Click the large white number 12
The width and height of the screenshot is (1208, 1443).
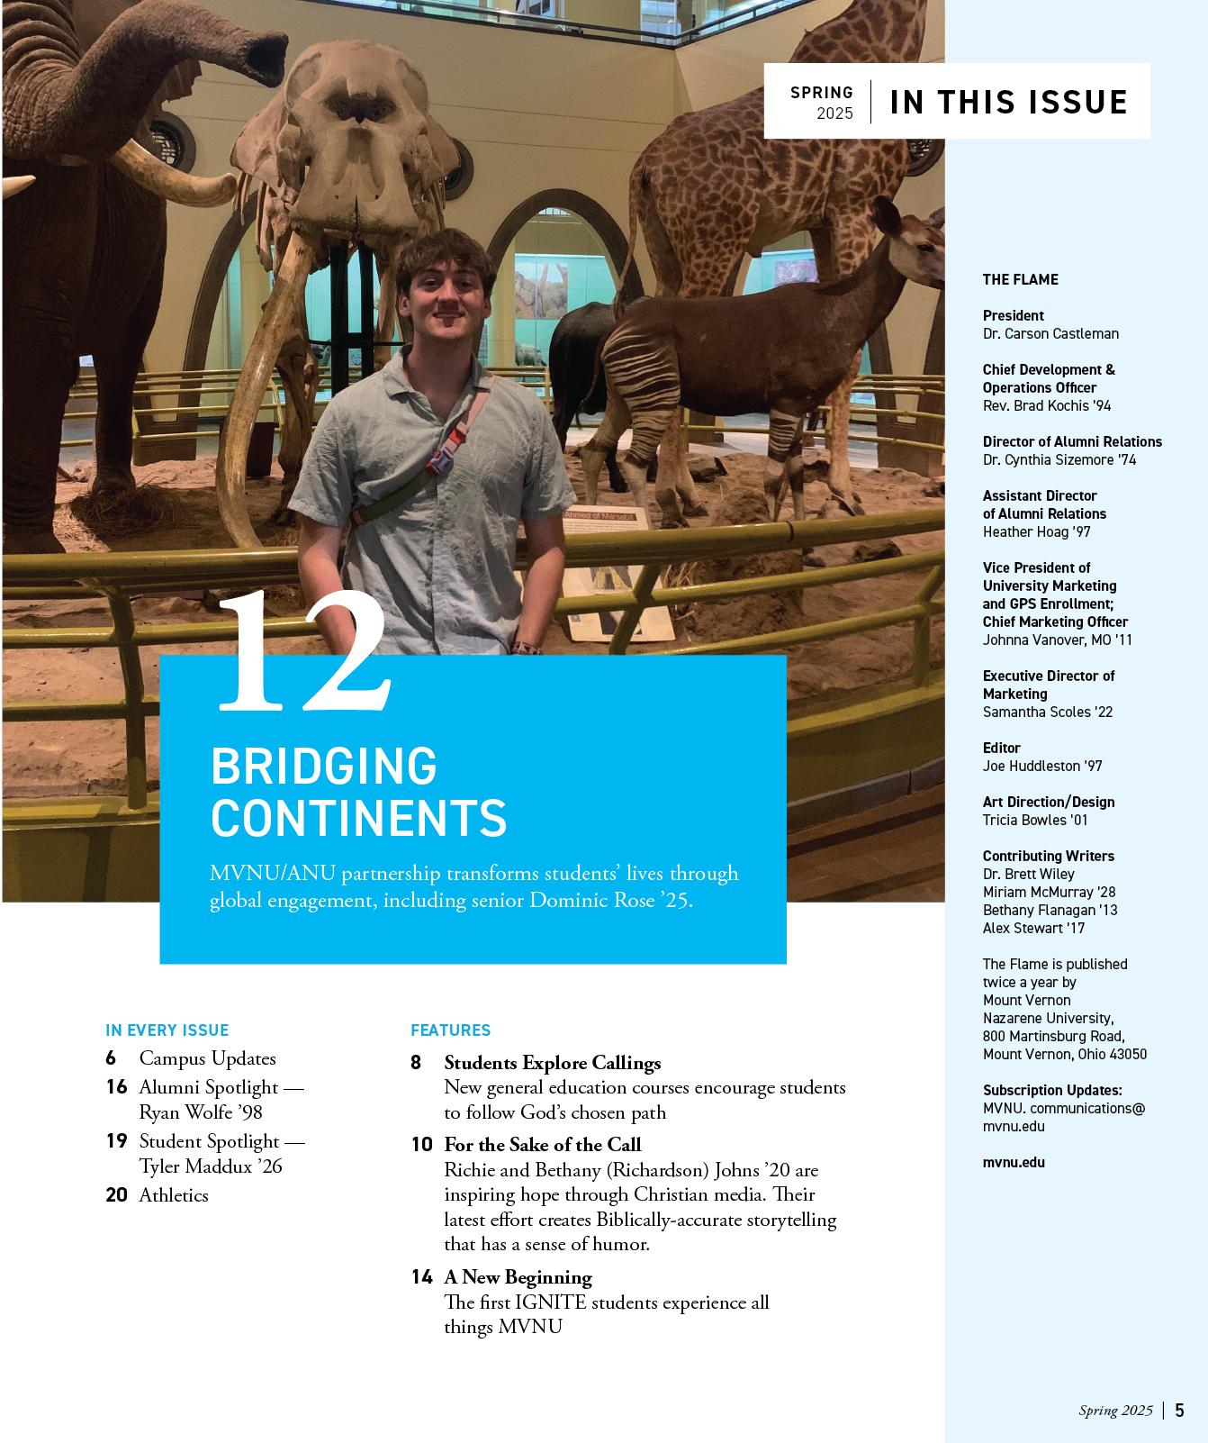coord(304,654)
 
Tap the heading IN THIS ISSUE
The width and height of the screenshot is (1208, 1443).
coord(1008,102)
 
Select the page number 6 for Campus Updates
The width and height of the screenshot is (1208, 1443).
coord(111,1058)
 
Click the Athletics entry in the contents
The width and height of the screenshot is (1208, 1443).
coord(173,1195)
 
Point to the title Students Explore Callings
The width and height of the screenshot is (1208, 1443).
coord(552,1063)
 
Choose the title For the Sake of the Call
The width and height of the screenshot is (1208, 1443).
coord(542,1145)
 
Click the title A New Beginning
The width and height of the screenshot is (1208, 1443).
coord(518,1277)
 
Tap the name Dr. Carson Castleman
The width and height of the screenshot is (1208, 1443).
coord(1050,333)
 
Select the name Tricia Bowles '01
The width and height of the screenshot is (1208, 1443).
coord(1035,820)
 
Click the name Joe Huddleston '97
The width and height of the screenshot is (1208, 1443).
coord(1041,766)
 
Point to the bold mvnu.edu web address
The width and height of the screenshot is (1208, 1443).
coord(1014,1162)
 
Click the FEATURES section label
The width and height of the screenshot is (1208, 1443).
coord(450,1030)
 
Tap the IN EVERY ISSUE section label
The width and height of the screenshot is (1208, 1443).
coord(167,1030)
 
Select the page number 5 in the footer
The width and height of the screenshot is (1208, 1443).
coord(1179,1411)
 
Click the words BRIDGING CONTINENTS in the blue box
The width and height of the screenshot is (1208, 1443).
coord(358,792)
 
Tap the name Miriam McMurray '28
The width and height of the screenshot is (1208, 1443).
coord(1049,892)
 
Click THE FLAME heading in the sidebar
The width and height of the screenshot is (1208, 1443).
coord(1020,279)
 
